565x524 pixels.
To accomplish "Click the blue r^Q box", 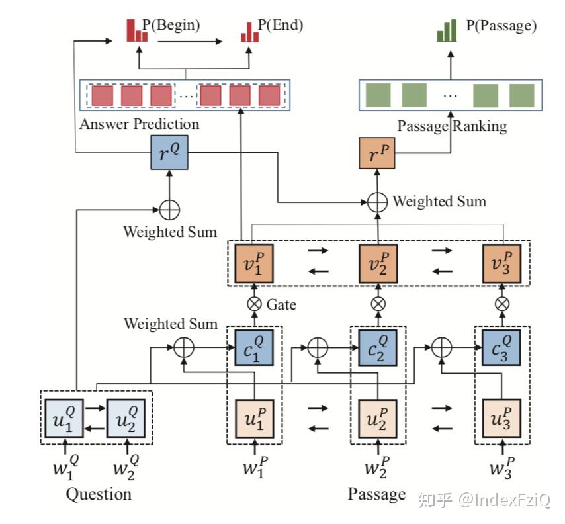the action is point(169,152).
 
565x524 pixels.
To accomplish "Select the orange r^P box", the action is point(377,153).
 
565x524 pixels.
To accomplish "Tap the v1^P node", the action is point(254,264).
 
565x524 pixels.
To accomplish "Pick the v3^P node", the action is point(502,264).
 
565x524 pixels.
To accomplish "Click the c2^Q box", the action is point(378,348).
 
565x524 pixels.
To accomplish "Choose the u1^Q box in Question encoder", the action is point(64,418).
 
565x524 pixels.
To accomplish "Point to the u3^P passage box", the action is point(501,418).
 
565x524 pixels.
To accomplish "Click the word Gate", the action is point(281,305).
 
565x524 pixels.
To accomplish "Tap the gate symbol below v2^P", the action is point(378,304).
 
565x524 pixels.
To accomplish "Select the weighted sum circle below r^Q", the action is point(169,210).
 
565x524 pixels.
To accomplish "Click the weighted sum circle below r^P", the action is point(377,202).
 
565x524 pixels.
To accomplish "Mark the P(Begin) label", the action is point(171,25).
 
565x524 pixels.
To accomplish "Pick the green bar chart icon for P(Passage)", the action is point(447,30).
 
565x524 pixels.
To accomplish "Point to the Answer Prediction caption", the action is point(140,124).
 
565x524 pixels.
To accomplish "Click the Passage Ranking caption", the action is point(453,126).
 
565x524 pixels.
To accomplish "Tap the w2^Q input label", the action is point(126,467).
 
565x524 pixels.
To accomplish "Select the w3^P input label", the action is point(502,467).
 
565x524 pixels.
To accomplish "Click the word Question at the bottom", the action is point(99,494).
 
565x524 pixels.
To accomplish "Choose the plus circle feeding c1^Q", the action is point(184,348).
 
